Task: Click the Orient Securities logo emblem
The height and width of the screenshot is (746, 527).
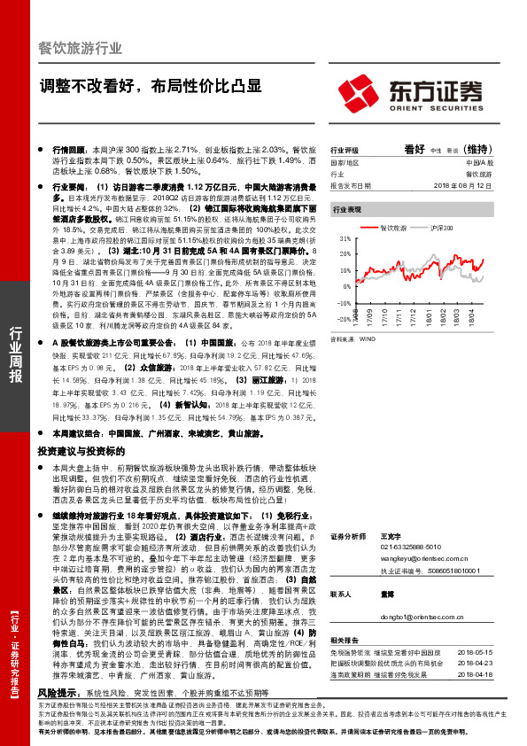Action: point(360,91)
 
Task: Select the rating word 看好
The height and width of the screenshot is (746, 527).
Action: point(415,149)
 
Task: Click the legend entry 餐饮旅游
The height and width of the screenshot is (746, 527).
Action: point(394,229)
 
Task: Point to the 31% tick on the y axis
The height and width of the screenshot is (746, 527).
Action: point(344,239)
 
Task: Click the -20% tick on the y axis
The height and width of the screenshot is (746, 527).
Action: point(342,320)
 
